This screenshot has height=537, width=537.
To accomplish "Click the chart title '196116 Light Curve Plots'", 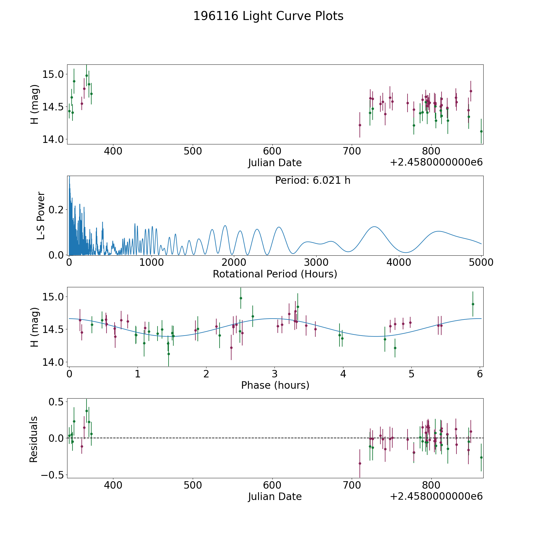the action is (268, 16).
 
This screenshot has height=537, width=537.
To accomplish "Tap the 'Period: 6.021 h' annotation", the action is (313, 180).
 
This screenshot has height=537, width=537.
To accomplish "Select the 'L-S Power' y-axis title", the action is (41, 215).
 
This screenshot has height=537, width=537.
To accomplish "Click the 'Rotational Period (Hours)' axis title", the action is (275, 274).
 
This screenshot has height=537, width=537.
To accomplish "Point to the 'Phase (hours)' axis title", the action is (275, 385).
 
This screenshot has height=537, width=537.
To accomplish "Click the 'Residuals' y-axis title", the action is (34, 439).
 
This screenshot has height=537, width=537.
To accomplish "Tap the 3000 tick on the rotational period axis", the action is (316, 263).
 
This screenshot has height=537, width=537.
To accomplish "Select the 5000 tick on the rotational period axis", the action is (481, 263).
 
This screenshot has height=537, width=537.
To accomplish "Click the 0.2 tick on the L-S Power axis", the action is (56, 210).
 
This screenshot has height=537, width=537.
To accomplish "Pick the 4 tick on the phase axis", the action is (343, 374).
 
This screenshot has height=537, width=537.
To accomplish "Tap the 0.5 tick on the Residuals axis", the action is (57, 402).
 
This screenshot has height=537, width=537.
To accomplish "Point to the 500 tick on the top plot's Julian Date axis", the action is (193, 151).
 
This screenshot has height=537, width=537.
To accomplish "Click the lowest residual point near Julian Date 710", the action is (360, 463).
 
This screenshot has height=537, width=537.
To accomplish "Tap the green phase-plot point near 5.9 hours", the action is (473, 304).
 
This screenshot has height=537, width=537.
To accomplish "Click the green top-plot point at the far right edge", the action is (481, 131).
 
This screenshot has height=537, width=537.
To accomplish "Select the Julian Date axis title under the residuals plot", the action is (275, 496).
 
